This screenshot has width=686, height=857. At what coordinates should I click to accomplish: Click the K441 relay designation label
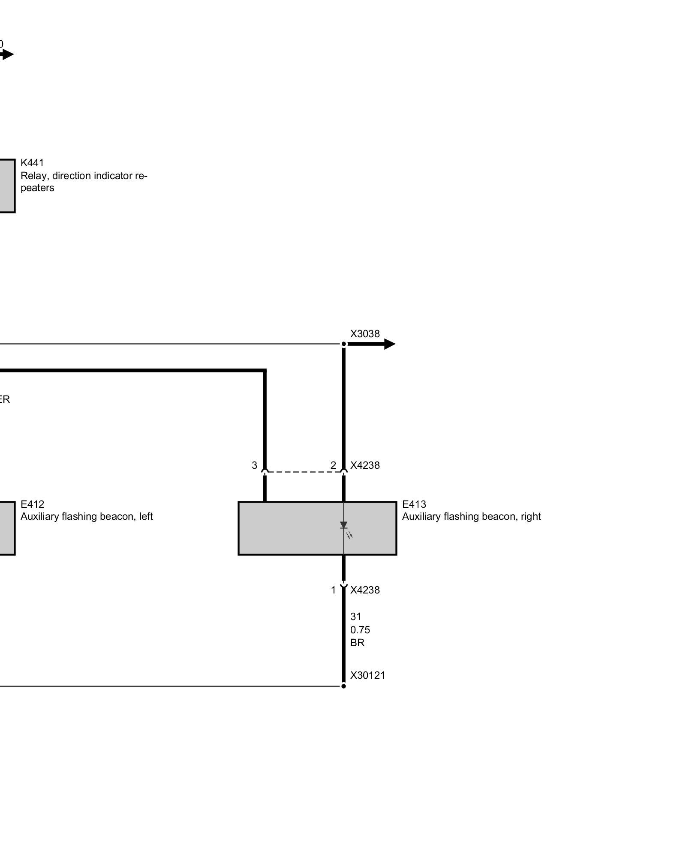(32, 163)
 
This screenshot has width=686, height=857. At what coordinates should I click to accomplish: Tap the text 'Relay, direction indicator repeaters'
(84, 182)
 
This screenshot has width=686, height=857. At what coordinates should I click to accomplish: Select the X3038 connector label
(365, 334)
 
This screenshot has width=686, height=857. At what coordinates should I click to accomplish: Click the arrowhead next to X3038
(389, 344)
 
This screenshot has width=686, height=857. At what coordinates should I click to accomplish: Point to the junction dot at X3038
(343, 344)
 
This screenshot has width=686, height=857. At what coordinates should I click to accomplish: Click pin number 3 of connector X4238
(254, 465)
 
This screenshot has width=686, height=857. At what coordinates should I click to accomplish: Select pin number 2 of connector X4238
(333, 465)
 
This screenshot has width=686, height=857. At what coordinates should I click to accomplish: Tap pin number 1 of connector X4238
(333, 590)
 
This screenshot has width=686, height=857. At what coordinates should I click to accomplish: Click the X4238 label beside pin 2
(365, 465)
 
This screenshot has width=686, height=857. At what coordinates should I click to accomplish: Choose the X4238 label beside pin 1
(365, 590)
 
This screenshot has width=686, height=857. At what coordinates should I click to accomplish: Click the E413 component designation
(414, 504)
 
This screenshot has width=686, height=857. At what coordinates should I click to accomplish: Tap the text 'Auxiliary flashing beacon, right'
(471, 516)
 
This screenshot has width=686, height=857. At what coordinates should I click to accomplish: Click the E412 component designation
(32, 504)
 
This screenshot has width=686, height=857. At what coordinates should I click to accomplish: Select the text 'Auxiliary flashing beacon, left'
(87, 516)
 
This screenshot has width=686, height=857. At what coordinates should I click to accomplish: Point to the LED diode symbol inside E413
(344, 526)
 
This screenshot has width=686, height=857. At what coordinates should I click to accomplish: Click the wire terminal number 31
(355, 617)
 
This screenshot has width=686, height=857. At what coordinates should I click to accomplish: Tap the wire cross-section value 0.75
(360, 630)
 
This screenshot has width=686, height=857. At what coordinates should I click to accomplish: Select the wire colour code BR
(357, 643)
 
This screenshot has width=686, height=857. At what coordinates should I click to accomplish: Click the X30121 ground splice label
(367, 675)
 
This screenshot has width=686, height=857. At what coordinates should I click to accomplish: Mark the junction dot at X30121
(343, 686)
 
